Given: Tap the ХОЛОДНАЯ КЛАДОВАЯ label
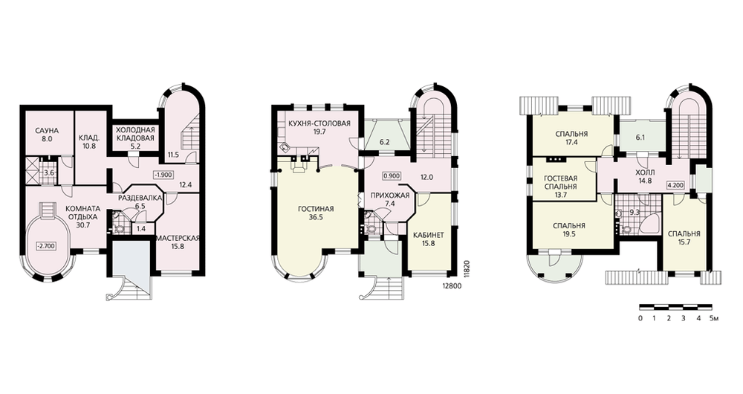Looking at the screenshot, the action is (135, 134).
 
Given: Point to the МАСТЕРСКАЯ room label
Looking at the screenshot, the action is (178, 238).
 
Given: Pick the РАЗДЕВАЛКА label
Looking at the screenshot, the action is (140, 198).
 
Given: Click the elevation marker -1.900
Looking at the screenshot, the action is (163, 175).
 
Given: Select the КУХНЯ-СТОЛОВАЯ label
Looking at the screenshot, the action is (319, 123).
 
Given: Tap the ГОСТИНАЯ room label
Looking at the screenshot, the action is (316, 209).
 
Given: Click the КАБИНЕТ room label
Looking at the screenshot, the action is (429, 235).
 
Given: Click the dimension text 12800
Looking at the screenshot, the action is (452, 286).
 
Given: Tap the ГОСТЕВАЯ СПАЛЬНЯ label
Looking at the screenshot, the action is (560, 183).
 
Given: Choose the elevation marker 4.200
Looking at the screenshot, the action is (675, 185).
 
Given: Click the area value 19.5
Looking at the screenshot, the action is (568, 233).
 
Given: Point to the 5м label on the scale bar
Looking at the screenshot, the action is (715, 318).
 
